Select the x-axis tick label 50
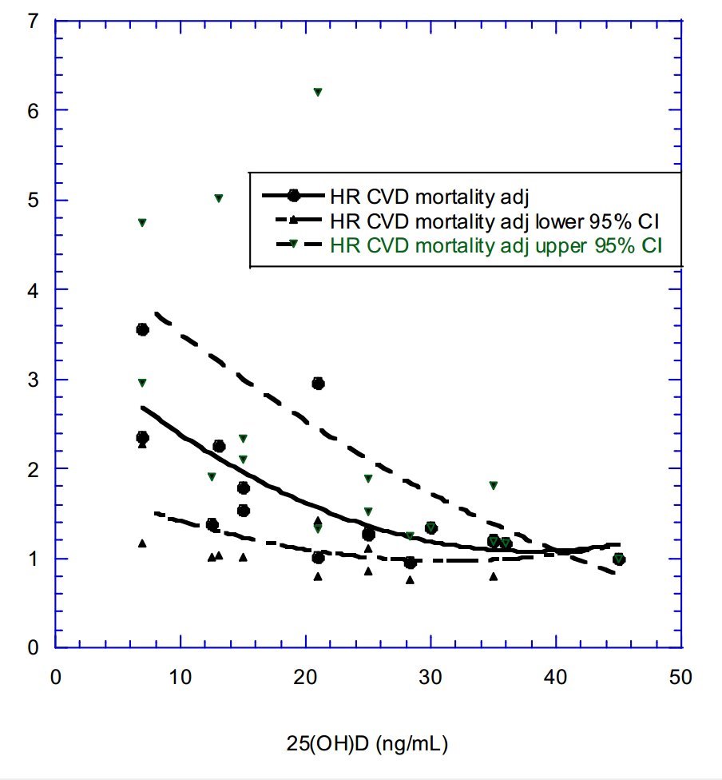[x=680, y=677]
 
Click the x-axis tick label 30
[x=430, y=677]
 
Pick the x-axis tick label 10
[x=180, y=677]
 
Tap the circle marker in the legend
[x=294, y=194]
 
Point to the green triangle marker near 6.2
[x=318, y=93]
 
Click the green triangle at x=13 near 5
[x=219, y=198]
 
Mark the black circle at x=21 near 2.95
[x=318, y=384]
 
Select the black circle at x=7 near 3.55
[x=143, y=329]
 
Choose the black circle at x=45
[x=619, y=559]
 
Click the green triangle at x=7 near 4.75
[x=142, y=223]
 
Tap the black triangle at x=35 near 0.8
[x=494, y=576]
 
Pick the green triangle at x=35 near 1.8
[x=494, y=486]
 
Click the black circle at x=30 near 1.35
[x=431, y=527]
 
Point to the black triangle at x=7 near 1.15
[x=142, y=543]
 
